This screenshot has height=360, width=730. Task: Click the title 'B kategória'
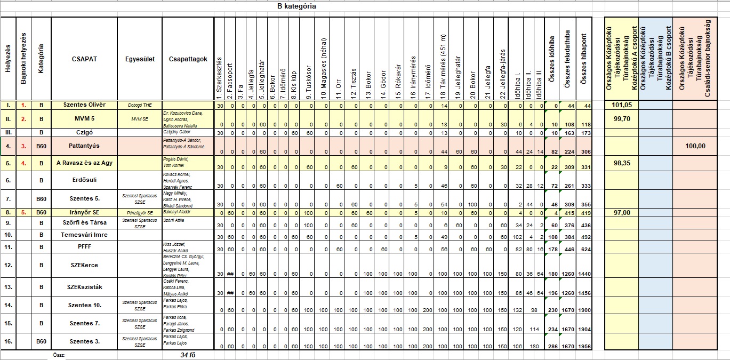coord(296,6)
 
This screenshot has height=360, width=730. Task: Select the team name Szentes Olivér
coord(84,105)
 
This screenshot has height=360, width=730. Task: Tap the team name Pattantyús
coord(84,145)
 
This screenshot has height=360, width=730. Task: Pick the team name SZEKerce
coord(84,265)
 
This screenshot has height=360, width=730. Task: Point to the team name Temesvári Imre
coord(84,235)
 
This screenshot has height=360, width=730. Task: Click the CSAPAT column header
coord(84,59)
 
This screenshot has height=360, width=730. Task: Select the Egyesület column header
coord(139,59)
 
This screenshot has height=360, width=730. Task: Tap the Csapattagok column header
coord(188,59)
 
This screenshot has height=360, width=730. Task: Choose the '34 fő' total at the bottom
coord(188,355)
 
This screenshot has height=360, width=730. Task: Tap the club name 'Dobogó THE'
coord(139,105)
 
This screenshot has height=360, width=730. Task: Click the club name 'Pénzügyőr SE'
coord(139,212)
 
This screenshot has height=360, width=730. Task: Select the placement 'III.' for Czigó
coord(8,132)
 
